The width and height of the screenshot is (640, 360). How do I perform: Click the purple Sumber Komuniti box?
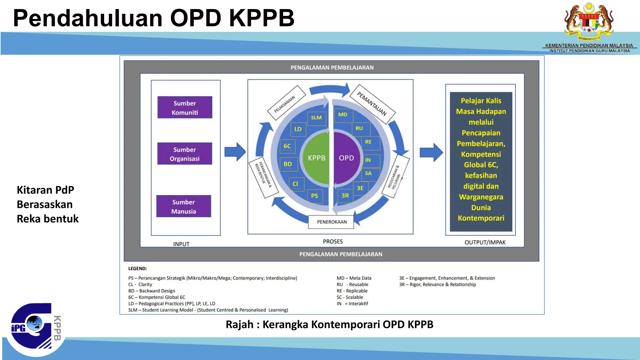[185, 107]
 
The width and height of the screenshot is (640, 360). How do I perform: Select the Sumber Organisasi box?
[185, 154]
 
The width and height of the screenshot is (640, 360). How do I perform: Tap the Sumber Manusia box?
[184, 207]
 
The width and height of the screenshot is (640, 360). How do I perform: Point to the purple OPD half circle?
[346, 158]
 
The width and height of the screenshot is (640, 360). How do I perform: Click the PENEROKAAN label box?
[332, 222]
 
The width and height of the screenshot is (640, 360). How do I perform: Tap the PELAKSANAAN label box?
[286, 103]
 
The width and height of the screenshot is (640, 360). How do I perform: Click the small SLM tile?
[316, 118]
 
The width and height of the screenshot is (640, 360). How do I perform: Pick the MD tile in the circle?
[343, 115]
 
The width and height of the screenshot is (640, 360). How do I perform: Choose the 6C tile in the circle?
[287, 146]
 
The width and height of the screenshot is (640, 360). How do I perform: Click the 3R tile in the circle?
[345, 196]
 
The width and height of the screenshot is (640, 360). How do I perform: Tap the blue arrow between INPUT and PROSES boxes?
[235, 152]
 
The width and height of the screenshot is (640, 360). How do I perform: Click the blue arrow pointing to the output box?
[431, 152]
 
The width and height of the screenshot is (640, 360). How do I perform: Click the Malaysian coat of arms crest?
[589, 22]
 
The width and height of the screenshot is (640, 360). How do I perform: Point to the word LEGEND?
[137, 268]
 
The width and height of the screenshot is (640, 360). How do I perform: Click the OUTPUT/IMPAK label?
[485, 242]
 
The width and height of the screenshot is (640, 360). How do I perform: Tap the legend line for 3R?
[437, 284]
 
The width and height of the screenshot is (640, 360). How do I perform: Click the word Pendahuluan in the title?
[87, 18]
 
